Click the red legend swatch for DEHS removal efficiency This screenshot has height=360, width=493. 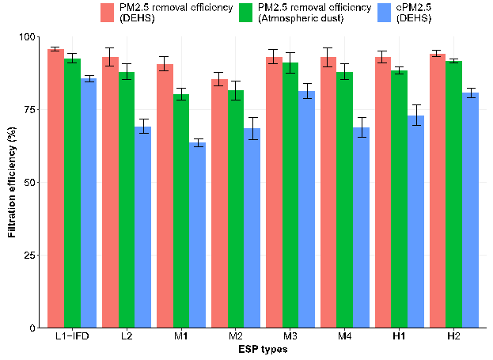(108, 12)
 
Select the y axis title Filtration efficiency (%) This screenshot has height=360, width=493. (12, 182)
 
